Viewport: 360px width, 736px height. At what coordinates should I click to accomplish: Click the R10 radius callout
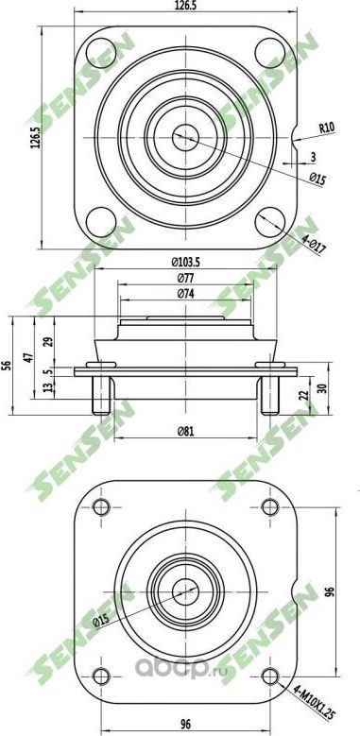coord(327,128)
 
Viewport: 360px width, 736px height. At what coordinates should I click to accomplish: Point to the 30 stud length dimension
coord(322,387)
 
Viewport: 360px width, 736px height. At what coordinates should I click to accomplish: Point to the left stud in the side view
coord(98,395)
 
